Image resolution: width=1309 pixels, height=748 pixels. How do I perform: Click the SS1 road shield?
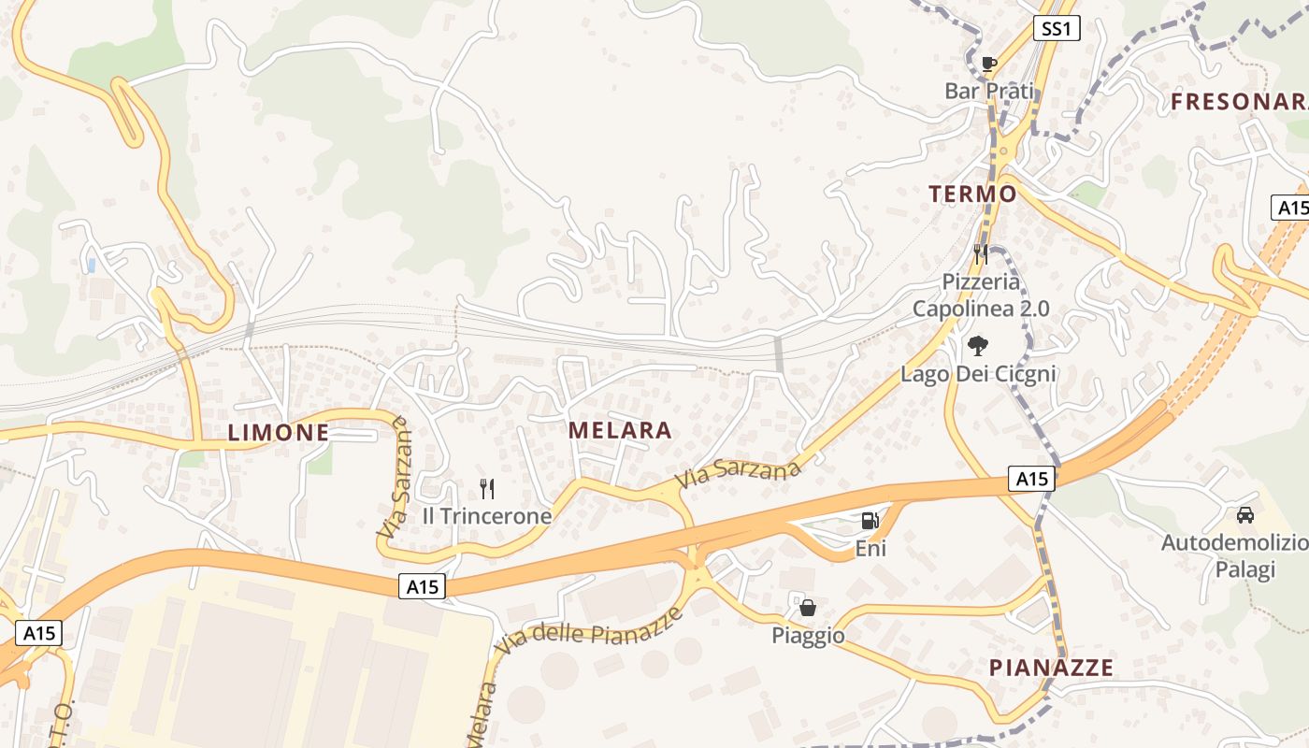(1056, 29)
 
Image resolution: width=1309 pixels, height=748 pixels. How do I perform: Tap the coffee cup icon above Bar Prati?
(989, 65)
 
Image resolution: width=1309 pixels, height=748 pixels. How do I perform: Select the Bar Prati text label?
(989, 91)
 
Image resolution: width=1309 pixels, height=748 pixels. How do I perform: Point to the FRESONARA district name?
(1239, 102)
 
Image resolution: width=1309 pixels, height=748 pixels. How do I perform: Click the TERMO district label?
(972, 194)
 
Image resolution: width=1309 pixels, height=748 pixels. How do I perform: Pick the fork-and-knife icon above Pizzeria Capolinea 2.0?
(980, 253)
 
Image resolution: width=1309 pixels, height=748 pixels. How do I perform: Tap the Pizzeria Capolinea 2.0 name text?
(981, 295)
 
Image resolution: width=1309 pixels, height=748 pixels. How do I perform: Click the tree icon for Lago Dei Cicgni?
(978, 346)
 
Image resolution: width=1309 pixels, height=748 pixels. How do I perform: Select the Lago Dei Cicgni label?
(978, 374)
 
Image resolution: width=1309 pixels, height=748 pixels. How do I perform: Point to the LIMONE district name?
(279, 432)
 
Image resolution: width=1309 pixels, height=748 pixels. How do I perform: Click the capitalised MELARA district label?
(620, 430)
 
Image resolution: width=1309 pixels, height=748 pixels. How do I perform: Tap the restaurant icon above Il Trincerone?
(486, 488)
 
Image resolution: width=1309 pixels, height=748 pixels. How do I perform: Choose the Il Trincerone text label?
(486, 515)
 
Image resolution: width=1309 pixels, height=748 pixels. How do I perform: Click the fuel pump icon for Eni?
(870, 521)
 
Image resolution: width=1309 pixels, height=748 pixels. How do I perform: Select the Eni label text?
(870, 548)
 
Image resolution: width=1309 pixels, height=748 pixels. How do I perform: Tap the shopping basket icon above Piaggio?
(808, 608)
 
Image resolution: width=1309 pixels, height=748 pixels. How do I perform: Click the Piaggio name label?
(808, 636)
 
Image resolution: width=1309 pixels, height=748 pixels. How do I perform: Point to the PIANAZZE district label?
(1052, 668)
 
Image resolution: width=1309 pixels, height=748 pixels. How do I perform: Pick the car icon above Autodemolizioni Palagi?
(1245, 515)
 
